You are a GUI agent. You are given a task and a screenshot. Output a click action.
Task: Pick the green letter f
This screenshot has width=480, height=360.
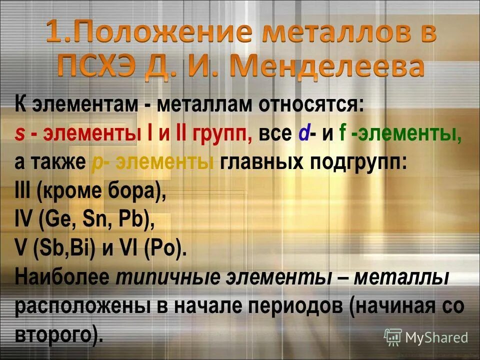[x=343, y=135]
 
